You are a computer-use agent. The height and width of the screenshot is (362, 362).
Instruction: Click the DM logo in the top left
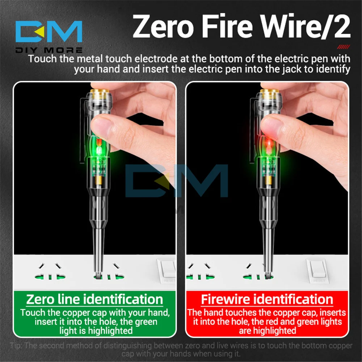tap(49, 32)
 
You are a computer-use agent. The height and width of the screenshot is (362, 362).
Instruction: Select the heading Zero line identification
tap(94, 299)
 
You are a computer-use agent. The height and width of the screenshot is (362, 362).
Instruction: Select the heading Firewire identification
tap(267, 299)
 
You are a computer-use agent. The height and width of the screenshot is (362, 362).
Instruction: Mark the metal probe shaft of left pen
tap(98, 246)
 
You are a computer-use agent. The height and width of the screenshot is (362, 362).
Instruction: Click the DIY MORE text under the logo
tap(49, 50)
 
